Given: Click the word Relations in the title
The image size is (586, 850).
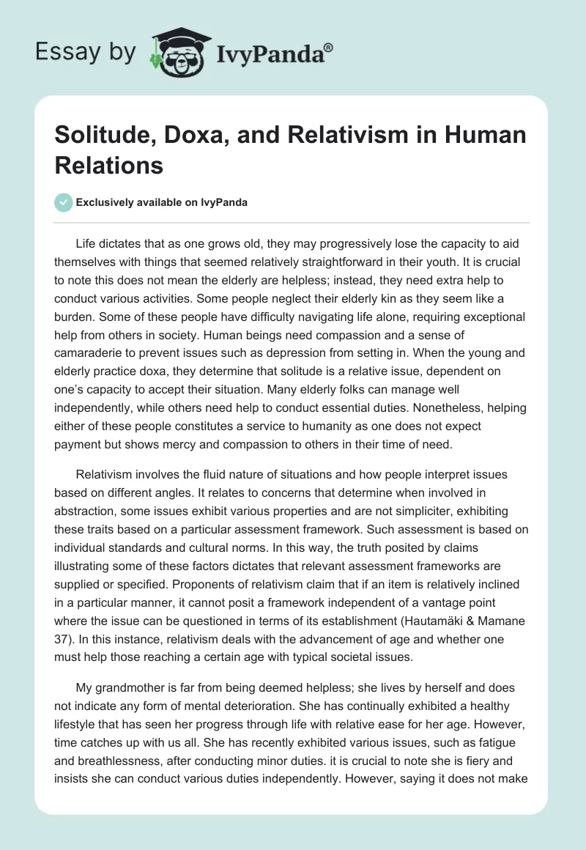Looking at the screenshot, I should coord(109,166).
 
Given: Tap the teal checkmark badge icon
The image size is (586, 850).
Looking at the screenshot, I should coord(64,203).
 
